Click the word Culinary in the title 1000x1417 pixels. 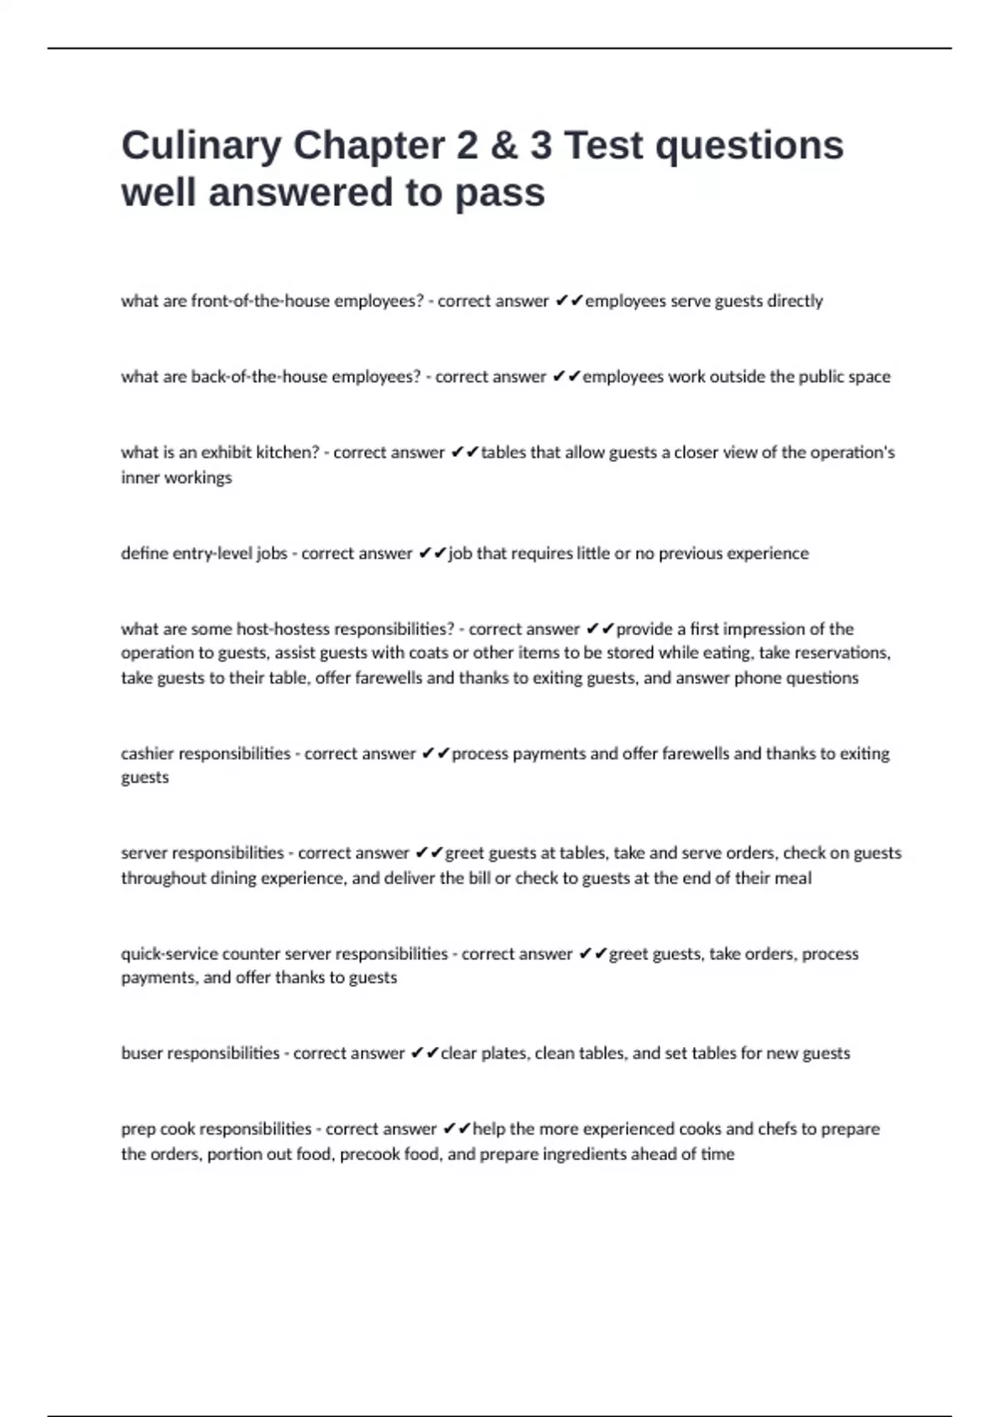[201, 146]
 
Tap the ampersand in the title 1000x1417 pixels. [503, 146]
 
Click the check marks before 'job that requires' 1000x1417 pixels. [432, 553]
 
